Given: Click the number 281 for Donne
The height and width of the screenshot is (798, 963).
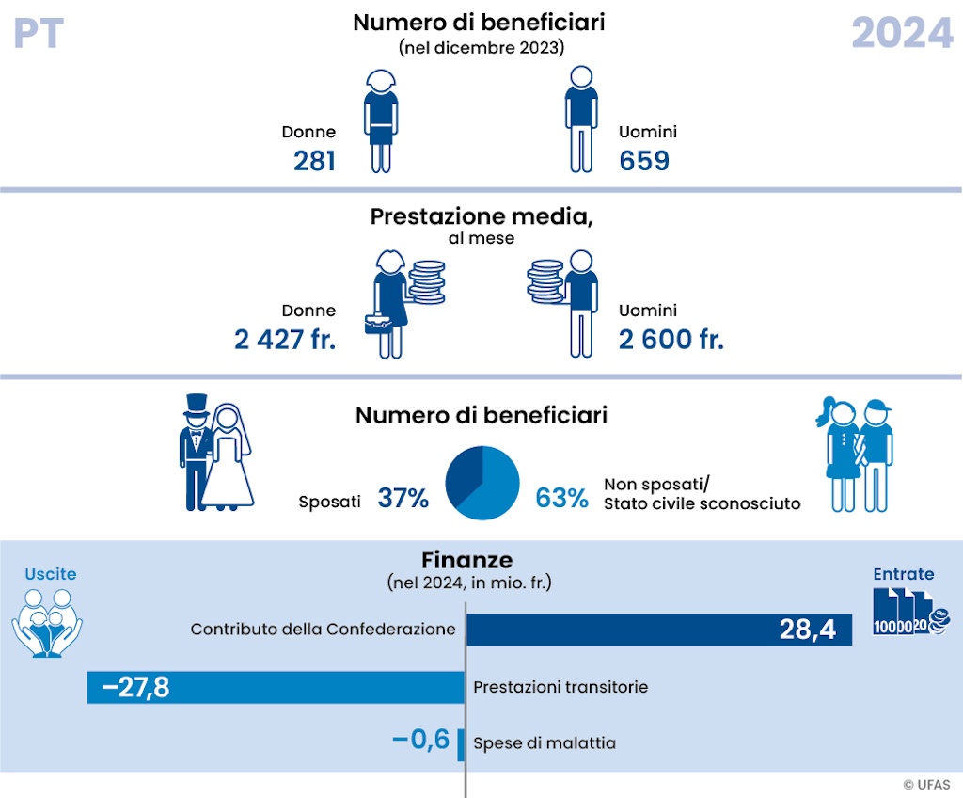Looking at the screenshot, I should click(x=314, y=161).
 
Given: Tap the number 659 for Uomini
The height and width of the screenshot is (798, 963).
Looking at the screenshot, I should click(x=644, y=161).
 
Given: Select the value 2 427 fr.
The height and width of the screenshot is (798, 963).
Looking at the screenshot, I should click(x=285, y=340).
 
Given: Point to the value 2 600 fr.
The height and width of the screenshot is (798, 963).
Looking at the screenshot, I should click(x=671, y=340).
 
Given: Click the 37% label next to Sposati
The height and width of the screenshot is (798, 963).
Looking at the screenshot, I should click(x=403, y=499).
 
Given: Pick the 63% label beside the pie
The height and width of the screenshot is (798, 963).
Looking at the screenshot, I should click(x=561, y=499).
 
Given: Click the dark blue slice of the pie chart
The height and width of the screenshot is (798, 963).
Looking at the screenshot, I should click(x=464, y=471).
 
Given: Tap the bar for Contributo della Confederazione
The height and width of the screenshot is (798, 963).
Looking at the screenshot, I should click(x=658, y=630).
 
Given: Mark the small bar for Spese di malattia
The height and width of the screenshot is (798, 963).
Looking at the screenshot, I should click(x=461, y=743).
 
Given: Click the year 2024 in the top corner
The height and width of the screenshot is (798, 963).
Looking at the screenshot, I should click(x=902, y=33).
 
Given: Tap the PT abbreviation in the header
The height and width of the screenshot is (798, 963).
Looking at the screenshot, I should click(x=39, y=33).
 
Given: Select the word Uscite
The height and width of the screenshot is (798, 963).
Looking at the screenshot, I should click(x=51, y=574).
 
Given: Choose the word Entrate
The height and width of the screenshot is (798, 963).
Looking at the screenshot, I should click(x=903, y=574).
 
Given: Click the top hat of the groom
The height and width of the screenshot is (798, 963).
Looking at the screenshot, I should click(x=196, y=406).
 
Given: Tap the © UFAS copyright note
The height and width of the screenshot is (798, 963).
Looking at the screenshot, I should click(x=927, y=784).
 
